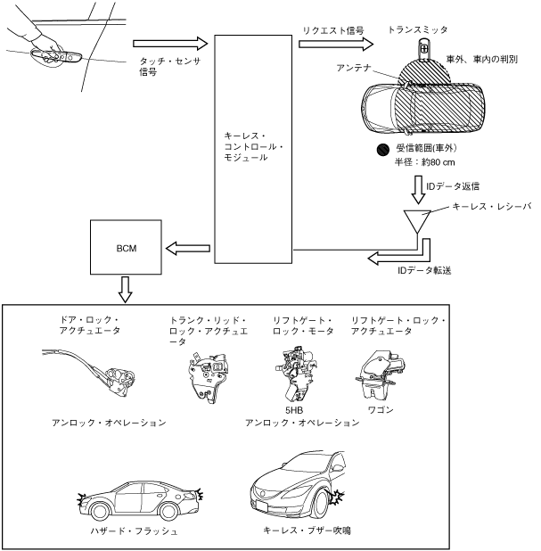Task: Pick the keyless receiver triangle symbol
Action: pos(415,220)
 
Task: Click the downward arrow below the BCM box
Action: pos(125,289)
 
